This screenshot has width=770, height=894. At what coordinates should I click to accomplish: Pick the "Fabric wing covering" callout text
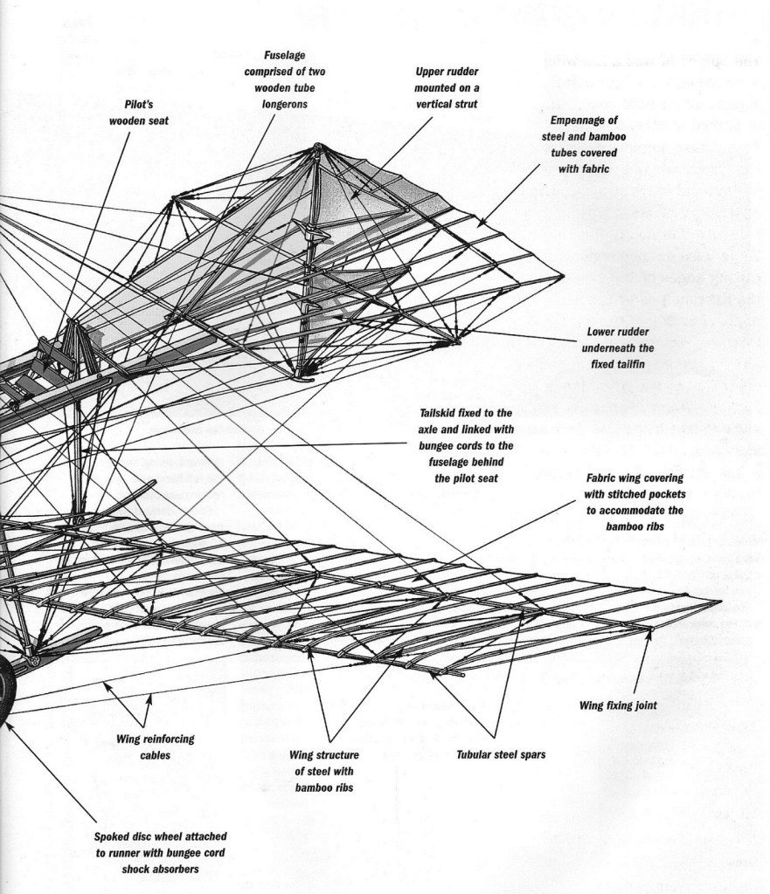pos(635,502)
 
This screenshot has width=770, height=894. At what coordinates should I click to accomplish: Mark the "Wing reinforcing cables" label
pos(155,747)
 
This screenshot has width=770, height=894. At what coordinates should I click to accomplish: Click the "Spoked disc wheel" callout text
pos(161,852)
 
